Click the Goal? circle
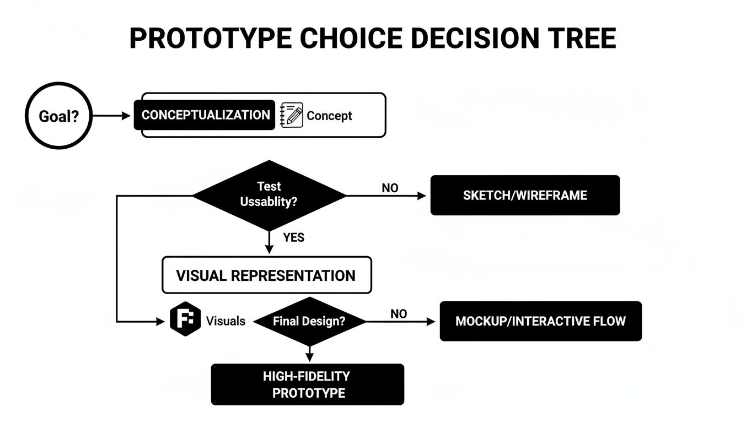pos(58,116)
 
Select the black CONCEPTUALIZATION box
pos(205,115)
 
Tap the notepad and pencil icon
pos(292,115)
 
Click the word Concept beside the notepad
pos(329,116)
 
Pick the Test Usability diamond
pos(269,195)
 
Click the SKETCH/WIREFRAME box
pos(525,195)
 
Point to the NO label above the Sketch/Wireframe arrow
pos(390,188)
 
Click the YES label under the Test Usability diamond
pos(293,238)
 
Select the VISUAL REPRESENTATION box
pos(266,275)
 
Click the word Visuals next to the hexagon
pos(225,321)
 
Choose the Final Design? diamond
pos(309,321)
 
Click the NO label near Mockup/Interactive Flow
pos(399,314)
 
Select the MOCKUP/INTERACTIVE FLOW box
pos(540,321)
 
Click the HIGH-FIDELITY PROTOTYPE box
pos(308,384)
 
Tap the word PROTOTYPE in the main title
pos(211,39)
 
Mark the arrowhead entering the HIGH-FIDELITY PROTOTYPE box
pos(309,357)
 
